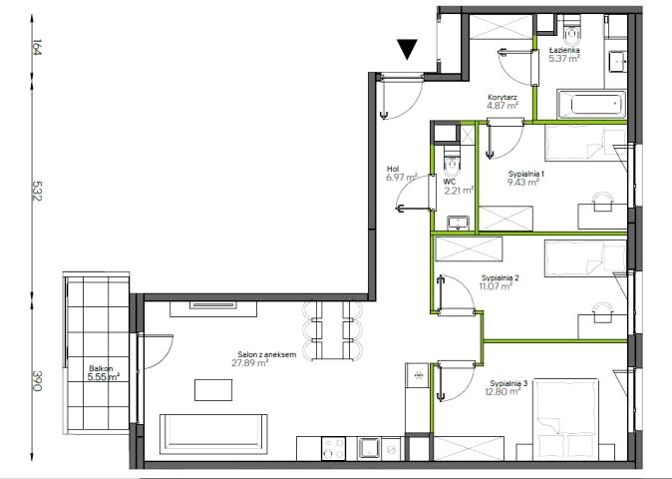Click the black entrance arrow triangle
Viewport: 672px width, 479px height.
click(x=407, y=49)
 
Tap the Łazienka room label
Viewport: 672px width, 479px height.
click(x=564, y=50)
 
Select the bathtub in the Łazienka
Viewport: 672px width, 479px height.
click(x=591, y=104)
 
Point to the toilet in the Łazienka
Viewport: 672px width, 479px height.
click(x=571, y=31)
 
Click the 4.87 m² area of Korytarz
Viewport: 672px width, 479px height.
click(x=503, y=105)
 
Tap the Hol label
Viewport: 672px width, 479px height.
click(x=393, y=169)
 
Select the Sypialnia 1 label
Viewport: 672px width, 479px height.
click(x=526, y=174)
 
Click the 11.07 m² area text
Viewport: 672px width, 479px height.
click(x=497, y=286)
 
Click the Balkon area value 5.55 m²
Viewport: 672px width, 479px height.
click(x=104, y=377)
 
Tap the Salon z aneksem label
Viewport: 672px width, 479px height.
click(x=267, y=354)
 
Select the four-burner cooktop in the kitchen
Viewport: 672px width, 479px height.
click(x=334, y=448)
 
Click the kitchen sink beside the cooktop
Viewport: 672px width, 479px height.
click(x=370, y=448)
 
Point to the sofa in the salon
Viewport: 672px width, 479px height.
click(x=213, y=434)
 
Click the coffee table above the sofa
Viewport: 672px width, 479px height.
click(x=213, y=390)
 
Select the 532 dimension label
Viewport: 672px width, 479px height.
click(x=37, y=191)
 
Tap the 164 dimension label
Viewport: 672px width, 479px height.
click(x=37, y=47)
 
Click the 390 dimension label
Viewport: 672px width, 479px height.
click(x=37, y=380)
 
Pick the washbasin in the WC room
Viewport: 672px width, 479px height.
click(x=459, y=223)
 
